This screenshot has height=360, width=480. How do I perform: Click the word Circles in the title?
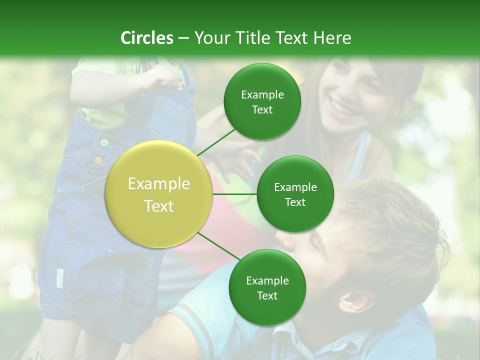point(146,38)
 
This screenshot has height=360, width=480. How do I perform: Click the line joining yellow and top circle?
point(216,142)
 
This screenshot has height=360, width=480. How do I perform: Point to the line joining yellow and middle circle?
point(234,194)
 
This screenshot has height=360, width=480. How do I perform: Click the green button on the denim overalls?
point(104,142)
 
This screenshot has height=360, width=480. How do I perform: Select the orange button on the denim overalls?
point(98,160)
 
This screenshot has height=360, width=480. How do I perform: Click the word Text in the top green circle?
point(262,109)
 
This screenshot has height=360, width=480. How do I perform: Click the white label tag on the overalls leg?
point(60,278)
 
